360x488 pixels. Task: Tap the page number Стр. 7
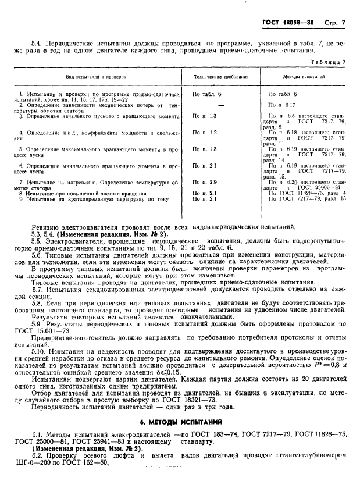click(x=336, y=23)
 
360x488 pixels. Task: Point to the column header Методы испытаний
click(x=304, y=76)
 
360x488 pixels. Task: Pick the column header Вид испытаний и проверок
click(x=97, y=76)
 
